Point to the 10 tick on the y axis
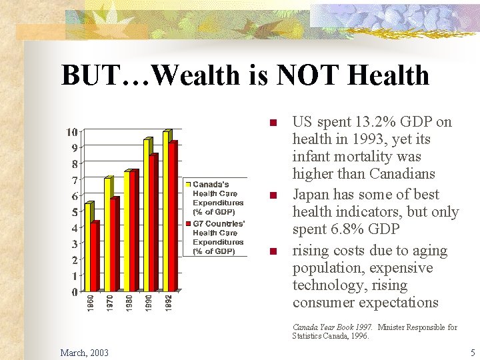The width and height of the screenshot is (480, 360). tap(71, 131)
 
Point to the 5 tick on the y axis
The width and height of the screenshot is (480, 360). tap(74, 212)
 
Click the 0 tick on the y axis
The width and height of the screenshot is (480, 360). tap(74, 292)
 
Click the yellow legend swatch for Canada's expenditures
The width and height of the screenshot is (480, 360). tap(189, 184)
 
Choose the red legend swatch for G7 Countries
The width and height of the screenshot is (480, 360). tap(189, 223)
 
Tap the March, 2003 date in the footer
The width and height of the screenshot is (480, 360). tap(85, 351)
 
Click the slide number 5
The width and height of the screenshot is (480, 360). tap(472, 351)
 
